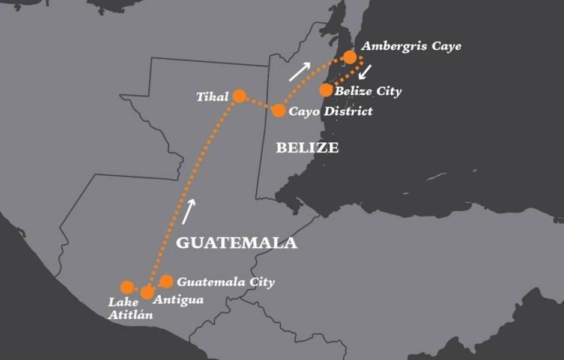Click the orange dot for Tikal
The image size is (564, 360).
coord(239,96)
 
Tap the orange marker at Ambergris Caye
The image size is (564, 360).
coord(350,58)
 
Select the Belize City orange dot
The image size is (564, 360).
coord(326,90)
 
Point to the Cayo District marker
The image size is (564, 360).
coord(278,111)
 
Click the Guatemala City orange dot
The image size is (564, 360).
coord(167,281)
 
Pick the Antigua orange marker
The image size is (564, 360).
coord(147,293)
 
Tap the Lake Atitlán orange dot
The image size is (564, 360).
coord(127,287)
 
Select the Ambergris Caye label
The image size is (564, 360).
coord(411,46)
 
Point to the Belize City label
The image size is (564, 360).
coord(368,91)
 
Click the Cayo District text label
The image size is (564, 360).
coord(331,111)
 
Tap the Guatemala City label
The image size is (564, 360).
coord(226,281)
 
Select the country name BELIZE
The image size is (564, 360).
coord(307,148)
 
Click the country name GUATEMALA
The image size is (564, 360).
coord(237,243)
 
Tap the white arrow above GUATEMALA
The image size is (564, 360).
coord(189,212)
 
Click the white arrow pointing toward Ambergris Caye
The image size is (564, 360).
coord(300,71)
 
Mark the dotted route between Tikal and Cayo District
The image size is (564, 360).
coord(259,104)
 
